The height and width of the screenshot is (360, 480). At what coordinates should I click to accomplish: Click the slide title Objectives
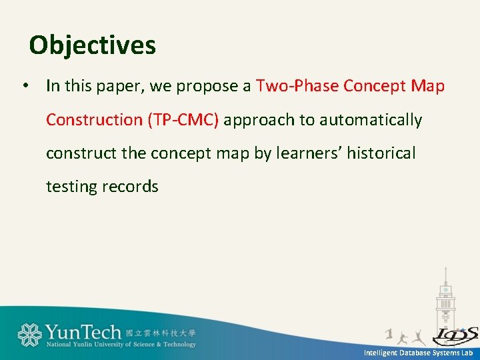(x=93, y=45)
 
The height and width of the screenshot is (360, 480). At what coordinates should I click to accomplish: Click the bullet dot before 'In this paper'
(x=24, y=86)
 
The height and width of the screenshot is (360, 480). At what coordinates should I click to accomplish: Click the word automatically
(x=371, y=120)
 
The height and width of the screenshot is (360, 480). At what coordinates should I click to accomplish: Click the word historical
(x=381, y=153)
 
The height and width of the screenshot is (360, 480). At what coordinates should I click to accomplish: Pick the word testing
(x=71, y=187)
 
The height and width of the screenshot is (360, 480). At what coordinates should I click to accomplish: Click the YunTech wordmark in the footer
(x=83, y=331)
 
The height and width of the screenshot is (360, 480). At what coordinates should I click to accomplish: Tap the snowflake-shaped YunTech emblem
(x=29, y=335)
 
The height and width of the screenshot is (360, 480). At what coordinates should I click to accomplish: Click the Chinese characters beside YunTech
(x=160, y=332)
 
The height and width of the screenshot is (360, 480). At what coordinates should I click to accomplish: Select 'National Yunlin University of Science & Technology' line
(x=121, y=345)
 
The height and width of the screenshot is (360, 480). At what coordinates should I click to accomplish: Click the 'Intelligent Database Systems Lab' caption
(x=418, y=352)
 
